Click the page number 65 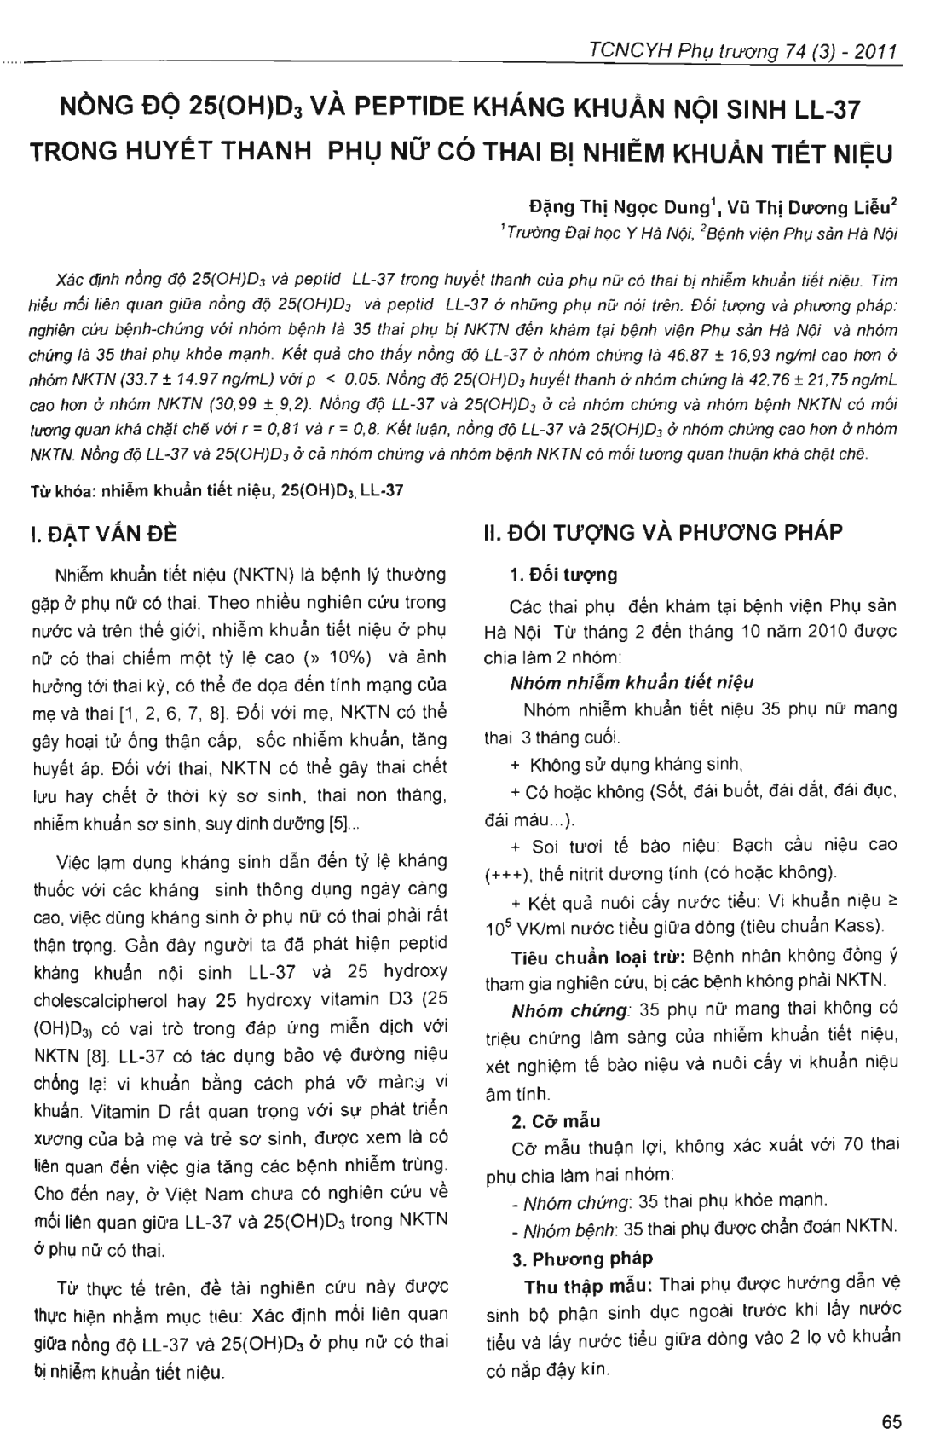pos(891,1421)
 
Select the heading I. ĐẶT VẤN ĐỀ pos(103,534)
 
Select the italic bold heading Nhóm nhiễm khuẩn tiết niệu pos(632,682)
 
